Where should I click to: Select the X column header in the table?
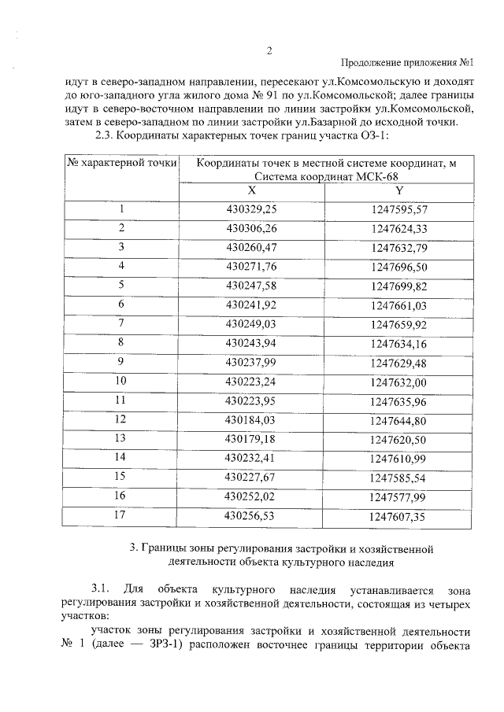251,191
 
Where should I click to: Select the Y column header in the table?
400,191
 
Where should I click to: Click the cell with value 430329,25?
251,209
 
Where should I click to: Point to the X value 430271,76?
251,267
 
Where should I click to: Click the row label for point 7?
121,323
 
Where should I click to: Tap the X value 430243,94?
251,342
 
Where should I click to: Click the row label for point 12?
121,419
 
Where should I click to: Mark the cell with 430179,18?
251,437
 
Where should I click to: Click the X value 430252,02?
251,496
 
